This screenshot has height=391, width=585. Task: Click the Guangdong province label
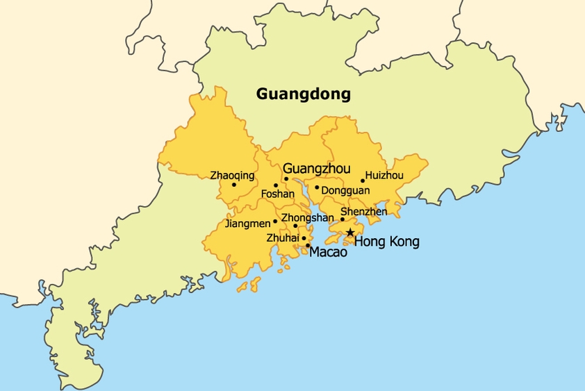point(304,94)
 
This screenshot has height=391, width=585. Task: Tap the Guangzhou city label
point(317,168)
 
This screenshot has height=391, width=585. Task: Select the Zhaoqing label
point(232,175)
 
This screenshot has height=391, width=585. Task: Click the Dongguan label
point(346,190)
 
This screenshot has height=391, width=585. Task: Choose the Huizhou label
point(384,175)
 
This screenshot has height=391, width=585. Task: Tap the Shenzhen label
point(363,211)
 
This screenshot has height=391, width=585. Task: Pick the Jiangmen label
point(247,224)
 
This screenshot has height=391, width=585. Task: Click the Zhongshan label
point(307,217)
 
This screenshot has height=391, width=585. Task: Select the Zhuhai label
point(283,238)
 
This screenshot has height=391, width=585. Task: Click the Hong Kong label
point(387,242)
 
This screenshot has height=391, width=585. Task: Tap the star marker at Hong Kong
point(350,233)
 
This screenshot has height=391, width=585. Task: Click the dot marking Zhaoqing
point(234,185)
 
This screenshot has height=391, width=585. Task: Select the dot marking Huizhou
point(363,181)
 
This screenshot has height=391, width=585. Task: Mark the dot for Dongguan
point(317,187)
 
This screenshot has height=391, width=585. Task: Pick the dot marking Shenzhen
point(343,219)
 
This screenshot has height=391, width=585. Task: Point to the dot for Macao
point(308,245)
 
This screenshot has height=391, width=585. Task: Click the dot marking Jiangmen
point(275,222)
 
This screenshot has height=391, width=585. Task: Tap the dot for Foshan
point(276,185)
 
